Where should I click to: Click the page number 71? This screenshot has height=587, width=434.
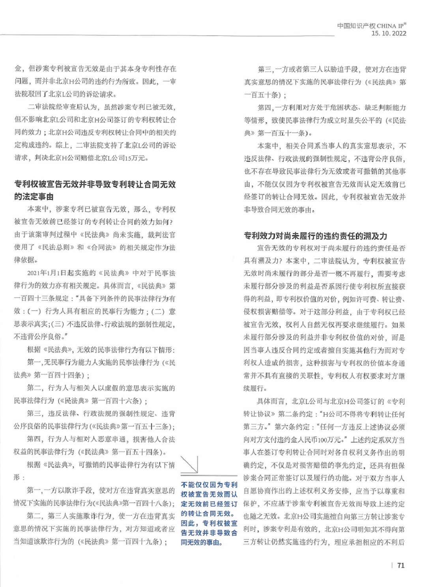pos(401,565)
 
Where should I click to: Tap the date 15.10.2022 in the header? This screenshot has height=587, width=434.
pos(389,34)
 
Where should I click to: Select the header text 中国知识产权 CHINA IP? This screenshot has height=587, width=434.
pos(371,26)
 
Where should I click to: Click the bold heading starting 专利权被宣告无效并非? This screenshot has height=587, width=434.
pos(95,190)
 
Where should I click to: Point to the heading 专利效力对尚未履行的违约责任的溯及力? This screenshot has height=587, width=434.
pos(315,236)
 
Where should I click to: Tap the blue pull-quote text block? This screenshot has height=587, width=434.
pos(209,513)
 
